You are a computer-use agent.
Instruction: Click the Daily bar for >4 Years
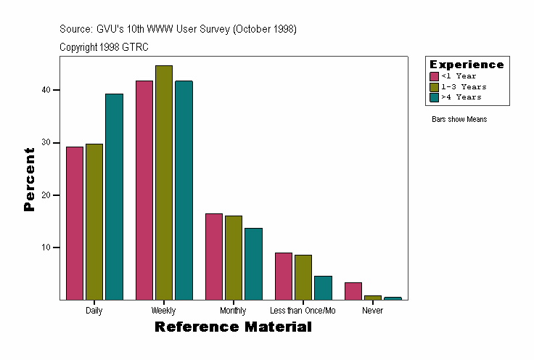[114, 197]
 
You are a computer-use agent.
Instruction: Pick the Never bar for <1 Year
[353, 291]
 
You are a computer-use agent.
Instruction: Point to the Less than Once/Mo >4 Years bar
[323, 288]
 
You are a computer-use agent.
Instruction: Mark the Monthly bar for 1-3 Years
[234, 258]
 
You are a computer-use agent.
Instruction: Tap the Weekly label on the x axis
[163, 311]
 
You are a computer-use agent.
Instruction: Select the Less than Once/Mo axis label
[303, 311]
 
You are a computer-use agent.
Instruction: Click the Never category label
[372, 311]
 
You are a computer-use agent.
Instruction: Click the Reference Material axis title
[233, 327]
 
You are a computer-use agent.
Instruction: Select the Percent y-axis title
[29, 179]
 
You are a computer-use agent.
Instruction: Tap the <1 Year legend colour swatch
[434, 76]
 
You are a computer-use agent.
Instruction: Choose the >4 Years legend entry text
[461, 97]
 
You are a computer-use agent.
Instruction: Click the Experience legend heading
[467, 65]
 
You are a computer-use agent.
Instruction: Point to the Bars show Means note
[459, 119]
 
